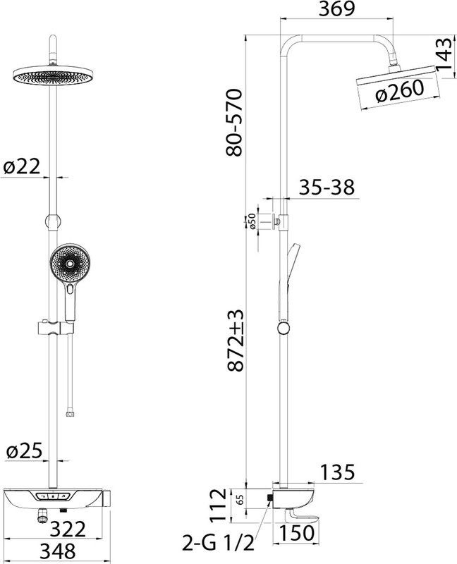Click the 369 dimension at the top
pyautogui.click(x=337, y=9)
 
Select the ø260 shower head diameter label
pyautogui.click(x=399, y=91)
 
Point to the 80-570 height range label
pyautogui.click(x=235, y=122)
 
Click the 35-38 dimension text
pyautogui.click(x=327, y=188)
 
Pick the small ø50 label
pyautogui.click(x=252, y=221)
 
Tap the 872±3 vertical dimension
pyautogui.click(x=236, y=341)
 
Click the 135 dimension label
pyautogui.click(x=337, y=472)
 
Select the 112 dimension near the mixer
pyautogui.click(x=219, y=505)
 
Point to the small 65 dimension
pyautogui.click(x=240, y=499)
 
